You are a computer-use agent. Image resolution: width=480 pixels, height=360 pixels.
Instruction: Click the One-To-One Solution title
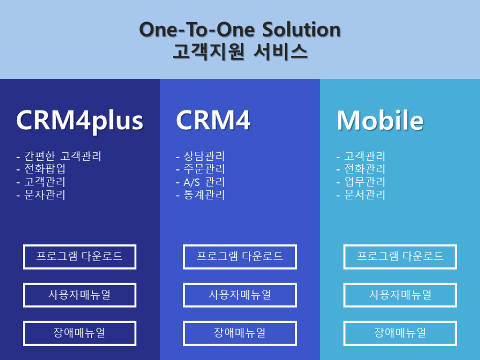pos(240,30)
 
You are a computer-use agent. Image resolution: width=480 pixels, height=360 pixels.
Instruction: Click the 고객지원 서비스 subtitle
pos(240,52)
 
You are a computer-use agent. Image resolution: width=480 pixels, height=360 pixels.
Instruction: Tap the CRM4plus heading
pos(80,121)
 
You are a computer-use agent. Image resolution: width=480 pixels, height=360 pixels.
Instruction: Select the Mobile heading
pos(380,120)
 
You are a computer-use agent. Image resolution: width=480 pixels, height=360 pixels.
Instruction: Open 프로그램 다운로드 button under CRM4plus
pos(80,257)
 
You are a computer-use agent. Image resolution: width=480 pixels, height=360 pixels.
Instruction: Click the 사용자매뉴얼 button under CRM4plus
pos(80,295)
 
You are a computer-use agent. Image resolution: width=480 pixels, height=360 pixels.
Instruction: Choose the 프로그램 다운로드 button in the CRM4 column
pos(240,257)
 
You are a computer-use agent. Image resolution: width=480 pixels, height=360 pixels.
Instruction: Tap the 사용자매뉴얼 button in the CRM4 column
pos(240,295)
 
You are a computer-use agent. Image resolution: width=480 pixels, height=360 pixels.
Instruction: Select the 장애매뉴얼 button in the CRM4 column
pos(240,333)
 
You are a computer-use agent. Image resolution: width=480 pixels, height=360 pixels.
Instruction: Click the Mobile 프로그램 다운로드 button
pos(400,257)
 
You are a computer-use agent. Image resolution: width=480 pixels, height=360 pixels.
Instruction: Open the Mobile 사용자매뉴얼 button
pos(400,295)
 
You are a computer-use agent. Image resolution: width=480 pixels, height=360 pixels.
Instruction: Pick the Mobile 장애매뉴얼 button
pos(400,333)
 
